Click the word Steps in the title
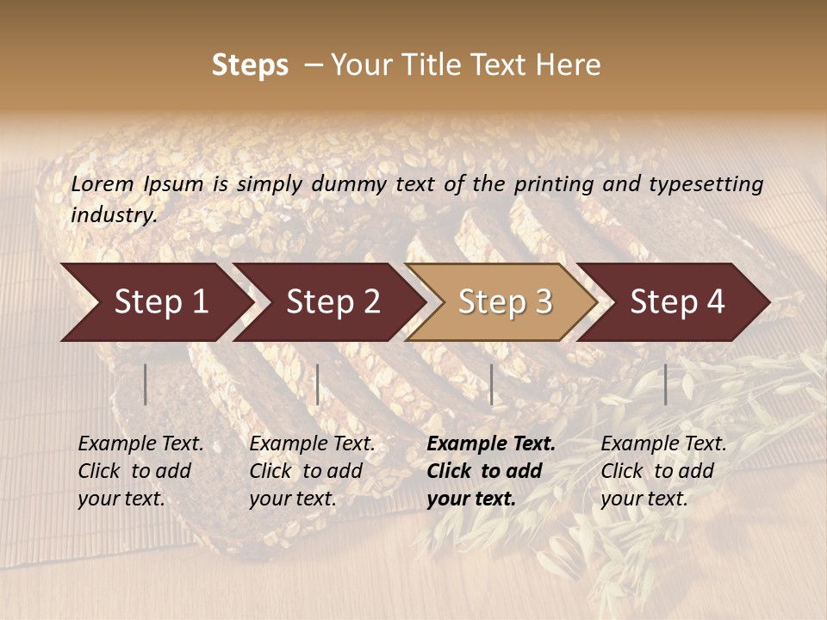coord(250,65)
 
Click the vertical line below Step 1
coord(146,384)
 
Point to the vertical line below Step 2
coord(318,384)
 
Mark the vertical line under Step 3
coord(491,384)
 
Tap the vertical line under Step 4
coord(665,384)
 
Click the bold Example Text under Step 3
coord(491,471)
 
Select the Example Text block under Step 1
coord(140,471)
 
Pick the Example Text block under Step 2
coord(312,471)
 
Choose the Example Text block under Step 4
coord(663,471)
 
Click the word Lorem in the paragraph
coord(103,183)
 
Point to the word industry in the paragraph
coord(114,215)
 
